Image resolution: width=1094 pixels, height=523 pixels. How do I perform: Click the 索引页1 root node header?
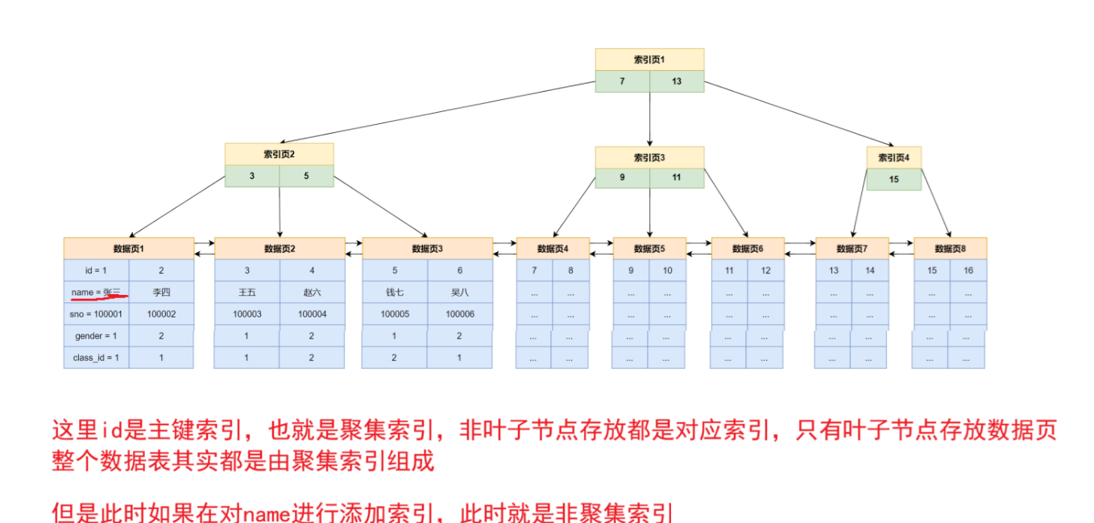click(649, 60)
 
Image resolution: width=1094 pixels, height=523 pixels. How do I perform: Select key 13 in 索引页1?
click(677, 81)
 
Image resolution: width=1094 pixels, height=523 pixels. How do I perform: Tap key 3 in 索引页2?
click(252, 176)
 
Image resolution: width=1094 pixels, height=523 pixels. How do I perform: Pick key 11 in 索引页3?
click(677, 177)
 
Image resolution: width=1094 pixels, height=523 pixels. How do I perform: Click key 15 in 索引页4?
click(894, 179)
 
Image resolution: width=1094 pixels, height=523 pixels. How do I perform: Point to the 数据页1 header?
click(129, 248)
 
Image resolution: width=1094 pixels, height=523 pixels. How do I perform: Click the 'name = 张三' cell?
click(96, 293)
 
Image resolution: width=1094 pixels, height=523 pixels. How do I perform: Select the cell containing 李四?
click(161, 293)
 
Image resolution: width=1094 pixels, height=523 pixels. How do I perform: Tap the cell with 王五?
click(247, 293)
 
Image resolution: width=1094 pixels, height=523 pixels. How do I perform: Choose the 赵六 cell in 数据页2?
click(312, 293)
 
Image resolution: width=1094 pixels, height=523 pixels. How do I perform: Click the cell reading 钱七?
click(395, 293)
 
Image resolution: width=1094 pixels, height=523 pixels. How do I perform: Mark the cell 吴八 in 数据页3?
click(460, 293)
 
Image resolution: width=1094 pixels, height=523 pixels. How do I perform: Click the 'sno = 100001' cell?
click(96, 314)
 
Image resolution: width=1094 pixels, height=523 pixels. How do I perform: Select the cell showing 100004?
click(312, 314)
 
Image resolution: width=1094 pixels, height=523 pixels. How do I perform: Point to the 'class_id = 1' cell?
click(96, 358)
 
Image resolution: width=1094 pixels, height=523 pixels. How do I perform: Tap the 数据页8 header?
click(950, 248)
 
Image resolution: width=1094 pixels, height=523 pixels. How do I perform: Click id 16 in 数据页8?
click(968, 271)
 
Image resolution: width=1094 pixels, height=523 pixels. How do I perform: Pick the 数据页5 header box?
click(649, 248)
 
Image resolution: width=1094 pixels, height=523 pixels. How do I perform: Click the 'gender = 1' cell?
click(96, 336)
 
